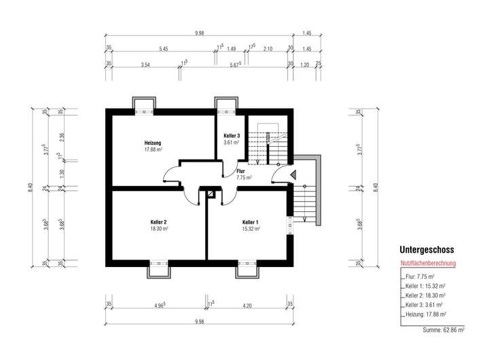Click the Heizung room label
(x=153, y=143)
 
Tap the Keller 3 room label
(x=232, y=136)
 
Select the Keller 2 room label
(x=158, y=222)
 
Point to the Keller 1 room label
(x=251, y=222)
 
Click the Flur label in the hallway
(x=240, y=171)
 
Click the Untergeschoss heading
(x=427, y=249)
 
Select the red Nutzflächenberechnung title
(x=428, y=264)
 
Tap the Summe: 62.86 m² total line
(x=443, y=329)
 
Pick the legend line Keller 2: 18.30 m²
(x=425, y=295)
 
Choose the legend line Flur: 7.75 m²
(x=420, y=276)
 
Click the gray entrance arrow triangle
(x=293, y=175)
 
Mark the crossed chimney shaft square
(x=211, y=194)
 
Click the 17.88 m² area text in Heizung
(x=153, y=149)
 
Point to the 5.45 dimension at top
(x=164, y=49)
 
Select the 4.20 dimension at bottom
(x=247, y=306)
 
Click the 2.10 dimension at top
(x=268, y=49)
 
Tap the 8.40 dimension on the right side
(x=376, y=187)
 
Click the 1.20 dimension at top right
(x=305, y=65)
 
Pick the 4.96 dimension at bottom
(x=160, y=306)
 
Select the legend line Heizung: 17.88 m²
(x=426, y=314)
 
